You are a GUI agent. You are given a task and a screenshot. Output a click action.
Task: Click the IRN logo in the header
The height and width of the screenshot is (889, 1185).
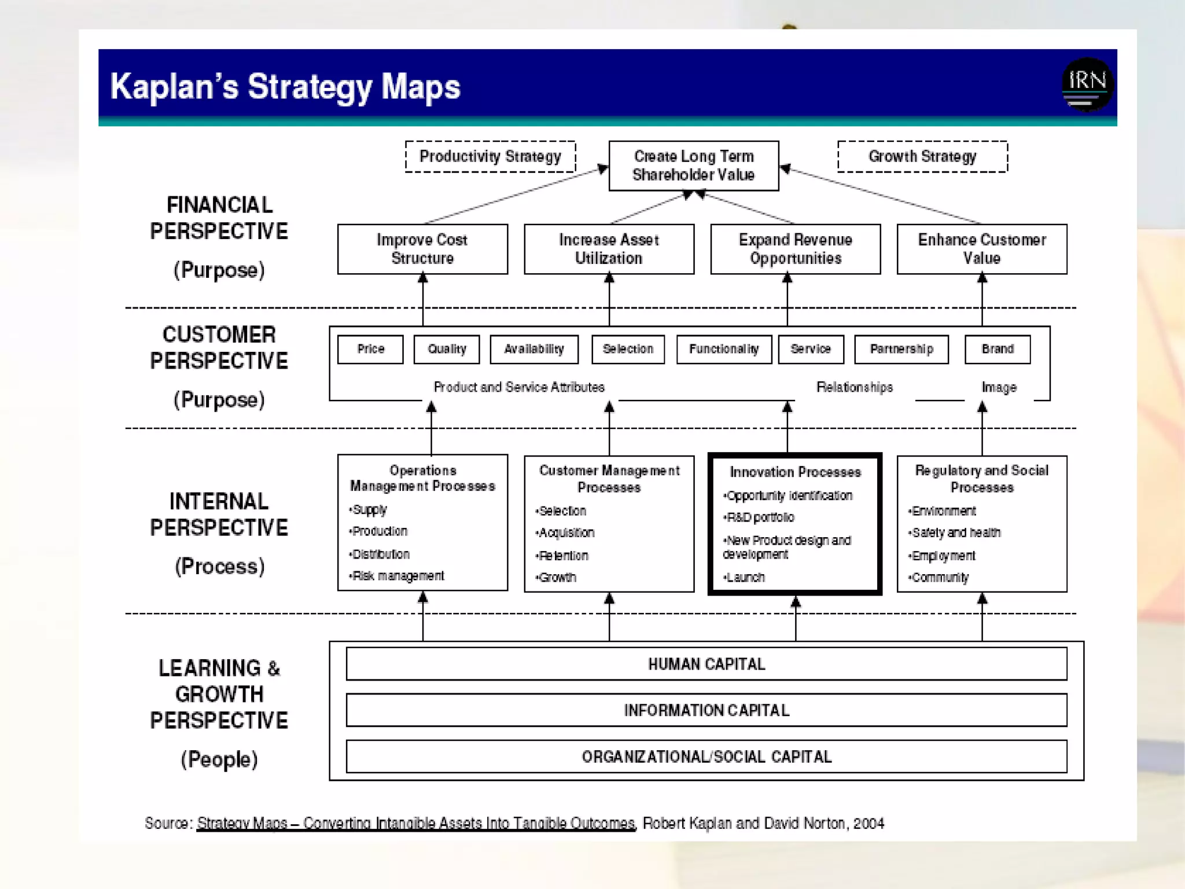tap(1087, 85)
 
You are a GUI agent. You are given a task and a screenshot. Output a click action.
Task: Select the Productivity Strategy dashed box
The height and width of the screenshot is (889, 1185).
tap(490, 156)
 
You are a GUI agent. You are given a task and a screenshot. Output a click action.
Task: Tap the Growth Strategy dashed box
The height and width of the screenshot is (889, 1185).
tap(922, 156)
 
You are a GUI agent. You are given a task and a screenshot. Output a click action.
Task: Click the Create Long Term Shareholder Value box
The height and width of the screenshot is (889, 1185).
tap(694, 166)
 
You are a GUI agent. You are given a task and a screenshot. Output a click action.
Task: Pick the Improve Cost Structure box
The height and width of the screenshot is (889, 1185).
tap(422, 249)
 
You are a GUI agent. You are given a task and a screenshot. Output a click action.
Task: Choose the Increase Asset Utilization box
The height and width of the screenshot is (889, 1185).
tap(609, 249)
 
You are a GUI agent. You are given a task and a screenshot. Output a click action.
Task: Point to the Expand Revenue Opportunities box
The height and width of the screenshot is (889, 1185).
tap(796, 249)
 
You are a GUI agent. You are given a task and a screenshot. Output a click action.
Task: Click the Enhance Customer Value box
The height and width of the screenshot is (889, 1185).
tap(982, 249)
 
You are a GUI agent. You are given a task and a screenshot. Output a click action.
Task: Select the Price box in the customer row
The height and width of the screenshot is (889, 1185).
tap(370, 349)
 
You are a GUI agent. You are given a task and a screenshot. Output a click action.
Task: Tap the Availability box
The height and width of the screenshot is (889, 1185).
tap(533, 349)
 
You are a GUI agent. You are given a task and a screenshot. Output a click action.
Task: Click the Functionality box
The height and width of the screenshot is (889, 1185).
tap(724, 349)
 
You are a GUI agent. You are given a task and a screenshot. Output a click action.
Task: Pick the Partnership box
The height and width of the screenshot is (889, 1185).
tap(901, 349)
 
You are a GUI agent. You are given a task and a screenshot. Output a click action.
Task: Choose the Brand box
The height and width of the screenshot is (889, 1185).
tap(998, 349)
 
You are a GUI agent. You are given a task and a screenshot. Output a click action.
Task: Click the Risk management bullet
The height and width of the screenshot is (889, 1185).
tap(398, 576)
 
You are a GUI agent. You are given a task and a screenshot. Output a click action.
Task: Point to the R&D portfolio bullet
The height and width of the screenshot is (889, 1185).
tap(760, 517)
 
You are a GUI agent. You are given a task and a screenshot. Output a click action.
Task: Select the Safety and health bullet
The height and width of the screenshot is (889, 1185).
tap(956, 532)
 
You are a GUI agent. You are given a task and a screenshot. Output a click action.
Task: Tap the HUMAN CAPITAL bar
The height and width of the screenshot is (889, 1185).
tap(706, 664)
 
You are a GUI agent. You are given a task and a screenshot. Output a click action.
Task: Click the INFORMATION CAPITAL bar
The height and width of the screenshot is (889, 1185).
tap(706, 710)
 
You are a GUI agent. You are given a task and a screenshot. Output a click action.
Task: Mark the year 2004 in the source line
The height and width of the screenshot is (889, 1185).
tap(868, 823)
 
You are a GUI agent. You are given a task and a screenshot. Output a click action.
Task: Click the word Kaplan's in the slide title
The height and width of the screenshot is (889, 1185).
tap(174, 87)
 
